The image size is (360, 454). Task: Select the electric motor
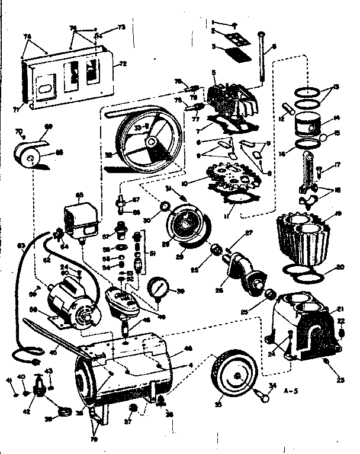(x=72, y=303)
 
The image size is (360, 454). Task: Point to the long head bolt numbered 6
(x=261, y=59)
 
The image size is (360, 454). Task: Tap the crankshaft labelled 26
(x=245, y=269)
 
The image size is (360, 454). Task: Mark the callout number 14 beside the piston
(x=336, y=117)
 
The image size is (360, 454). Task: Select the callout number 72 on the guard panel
(x=123, y=63)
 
